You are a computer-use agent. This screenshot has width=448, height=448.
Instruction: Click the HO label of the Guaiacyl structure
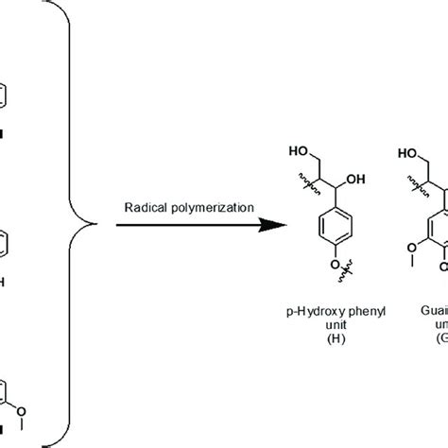[x=409, y=152]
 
